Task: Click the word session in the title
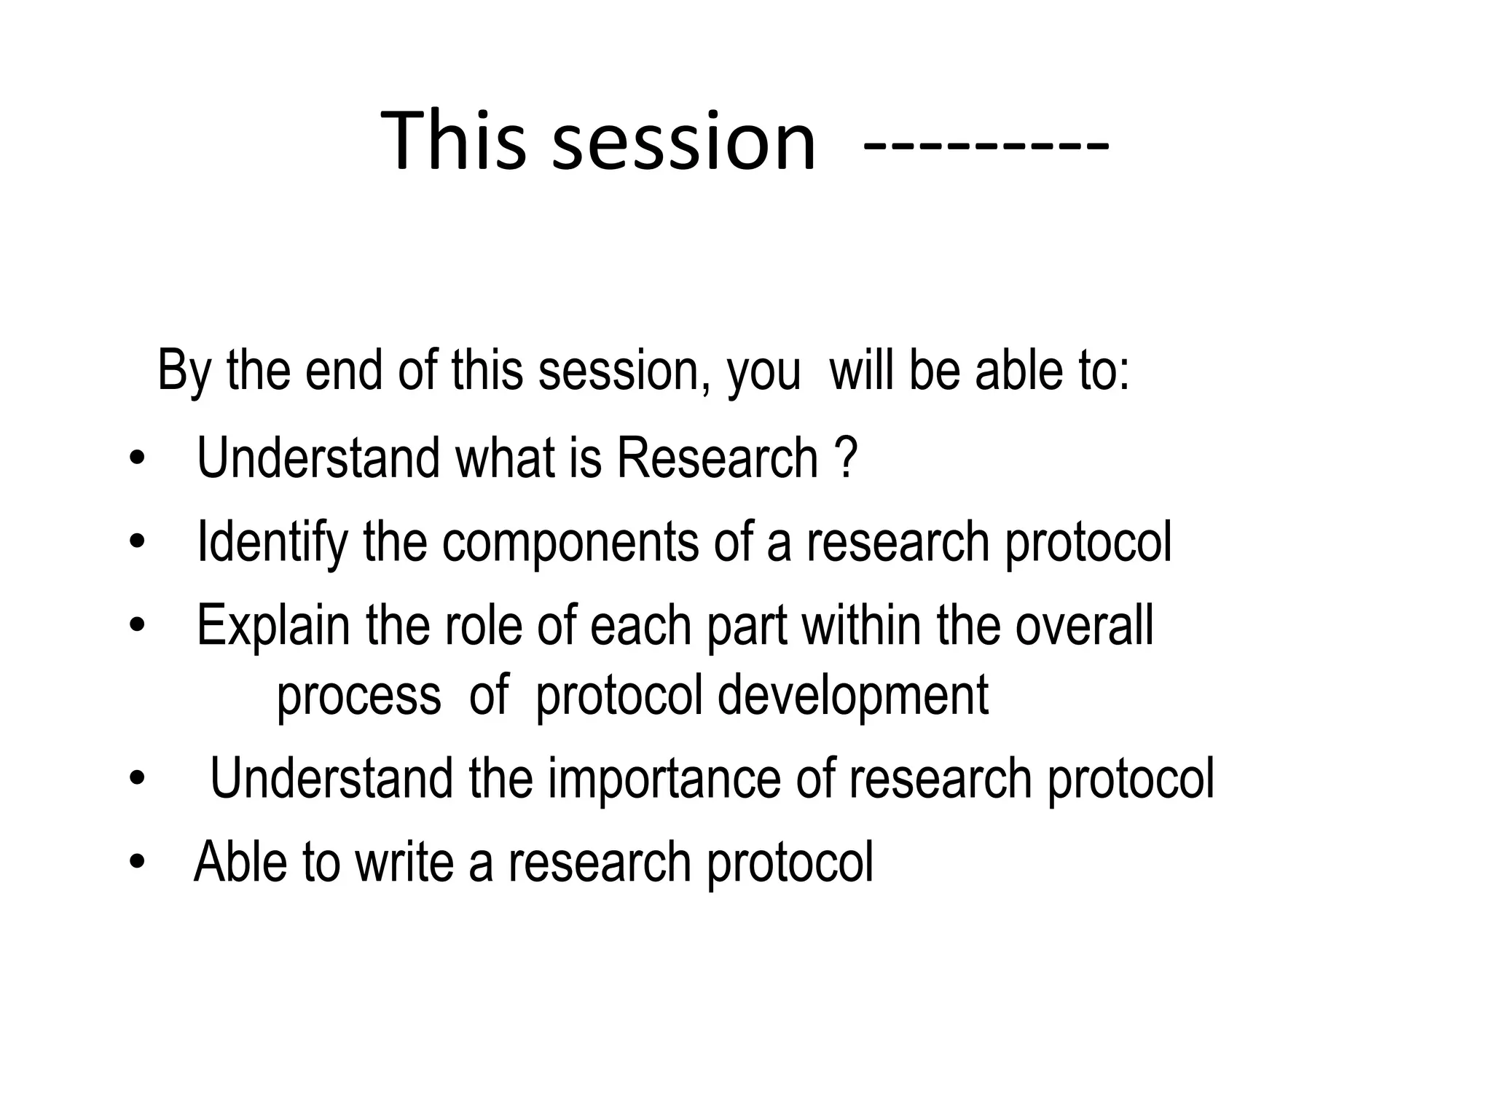[683, 142]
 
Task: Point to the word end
[343, 370]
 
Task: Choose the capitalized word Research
[718, 458]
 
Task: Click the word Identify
[272, 543]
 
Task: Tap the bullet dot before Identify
[136, 543]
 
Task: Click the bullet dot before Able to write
[136, 863]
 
